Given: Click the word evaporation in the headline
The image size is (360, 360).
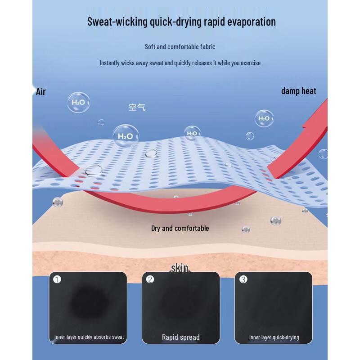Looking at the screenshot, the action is pyautogui.click(x=252, y=22).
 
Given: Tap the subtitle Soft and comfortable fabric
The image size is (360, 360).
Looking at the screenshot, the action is pyautogui.click(x=180, y=47).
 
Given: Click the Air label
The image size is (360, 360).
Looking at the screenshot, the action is pyautogui.click(x=40, y=91).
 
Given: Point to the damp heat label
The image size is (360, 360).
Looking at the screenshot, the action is pyautogui.click(x=298, y=91).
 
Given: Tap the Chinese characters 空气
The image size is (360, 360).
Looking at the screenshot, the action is pyautogui.click(x=137, y=107).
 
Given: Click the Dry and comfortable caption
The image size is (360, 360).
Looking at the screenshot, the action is pyautogui.click(x=180, y=228).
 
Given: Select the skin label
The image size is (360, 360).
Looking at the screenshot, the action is pyautogui.click(x=180, y=268).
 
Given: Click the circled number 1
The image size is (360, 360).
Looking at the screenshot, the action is pyautogui.click(x=57, y=279).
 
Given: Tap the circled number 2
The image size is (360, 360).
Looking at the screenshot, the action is pyautogui.click(x=150, y=279).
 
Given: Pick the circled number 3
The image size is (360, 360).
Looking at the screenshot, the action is pyautogui.click(x=243, y=279).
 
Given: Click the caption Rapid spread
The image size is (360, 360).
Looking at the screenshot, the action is pyautogui.click(x=181, y=337).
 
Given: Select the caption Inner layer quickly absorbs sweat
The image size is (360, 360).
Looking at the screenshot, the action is pyautogui.click(x=89, y=337).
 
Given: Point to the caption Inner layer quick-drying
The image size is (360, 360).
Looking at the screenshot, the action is pyautogui.click(x=274, y=337).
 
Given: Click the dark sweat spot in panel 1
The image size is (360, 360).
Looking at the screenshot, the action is pyautogui.click(x=88, y=302).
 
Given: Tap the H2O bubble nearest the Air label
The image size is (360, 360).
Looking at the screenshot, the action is pyautogui.click(x=78, y=103).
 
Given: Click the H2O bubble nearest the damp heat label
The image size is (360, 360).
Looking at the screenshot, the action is pyautogui.click(x=264, y=118).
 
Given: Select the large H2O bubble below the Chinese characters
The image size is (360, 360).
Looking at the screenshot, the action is pyautogui.click(x=126, y=136).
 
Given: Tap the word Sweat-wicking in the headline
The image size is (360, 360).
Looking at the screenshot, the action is pyautogui.click(x=117, y=22).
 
